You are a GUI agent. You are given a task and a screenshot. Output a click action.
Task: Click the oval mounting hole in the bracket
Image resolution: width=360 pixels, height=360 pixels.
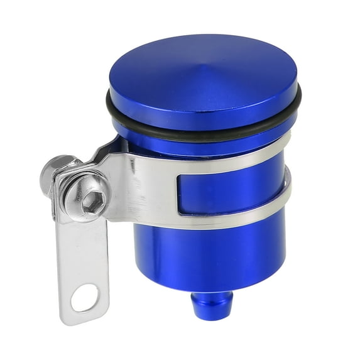84,298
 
